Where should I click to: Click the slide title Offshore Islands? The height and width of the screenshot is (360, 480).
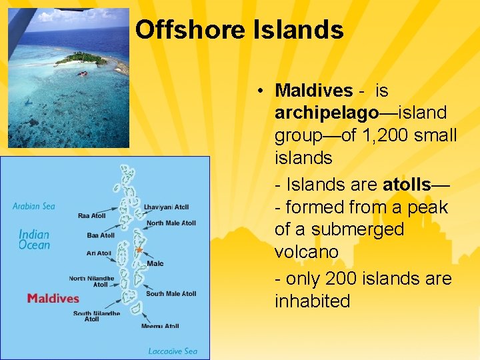[x=239, y=30]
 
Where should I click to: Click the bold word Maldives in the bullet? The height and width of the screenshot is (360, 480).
[x=313, y=91]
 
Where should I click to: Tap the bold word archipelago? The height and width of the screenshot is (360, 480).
[x=326, y=113]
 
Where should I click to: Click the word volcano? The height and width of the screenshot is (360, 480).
[x=307, y=253]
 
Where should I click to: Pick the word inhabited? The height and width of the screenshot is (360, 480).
[x=312, y=301]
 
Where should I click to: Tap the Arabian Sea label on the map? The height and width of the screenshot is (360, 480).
[x=34, y=206]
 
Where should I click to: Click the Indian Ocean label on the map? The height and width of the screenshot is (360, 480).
[x=34, y=239]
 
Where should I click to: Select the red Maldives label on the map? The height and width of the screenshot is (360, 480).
[x=53, y=298]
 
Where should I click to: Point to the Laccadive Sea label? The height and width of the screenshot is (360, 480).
[x=173, y=351]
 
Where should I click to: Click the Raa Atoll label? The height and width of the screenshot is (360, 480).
[x=91, y=216]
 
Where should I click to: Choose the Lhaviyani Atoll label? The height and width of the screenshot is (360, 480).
[x=167, y=207]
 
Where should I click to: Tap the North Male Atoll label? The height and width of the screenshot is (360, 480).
[x=171, y=223]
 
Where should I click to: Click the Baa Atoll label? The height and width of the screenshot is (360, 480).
[x=101, y=235]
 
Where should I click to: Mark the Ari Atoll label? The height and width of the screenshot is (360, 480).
[x=99, y=253]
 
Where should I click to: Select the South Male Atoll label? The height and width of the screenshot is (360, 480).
[x=171, y=294]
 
